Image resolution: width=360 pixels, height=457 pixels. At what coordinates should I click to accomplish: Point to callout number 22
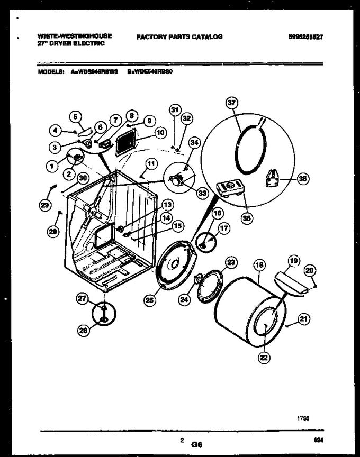264,358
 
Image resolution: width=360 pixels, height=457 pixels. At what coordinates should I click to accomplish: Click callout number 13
167,205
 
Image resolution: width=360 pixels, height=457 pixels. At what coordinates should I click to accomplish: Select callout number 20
311,271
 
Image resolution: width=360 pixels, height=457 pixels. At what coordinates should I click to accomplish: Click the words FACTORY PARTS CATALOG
179,37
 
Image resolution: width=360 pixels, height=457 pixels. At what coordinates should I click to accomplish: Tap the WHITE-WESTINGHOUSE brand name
75,36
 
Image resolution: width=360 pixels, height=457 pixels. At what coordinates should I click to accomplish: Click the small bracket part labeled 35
272,176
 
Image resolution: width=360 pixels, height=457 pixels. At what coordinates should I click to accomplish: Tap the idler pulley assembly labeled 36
231,189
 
